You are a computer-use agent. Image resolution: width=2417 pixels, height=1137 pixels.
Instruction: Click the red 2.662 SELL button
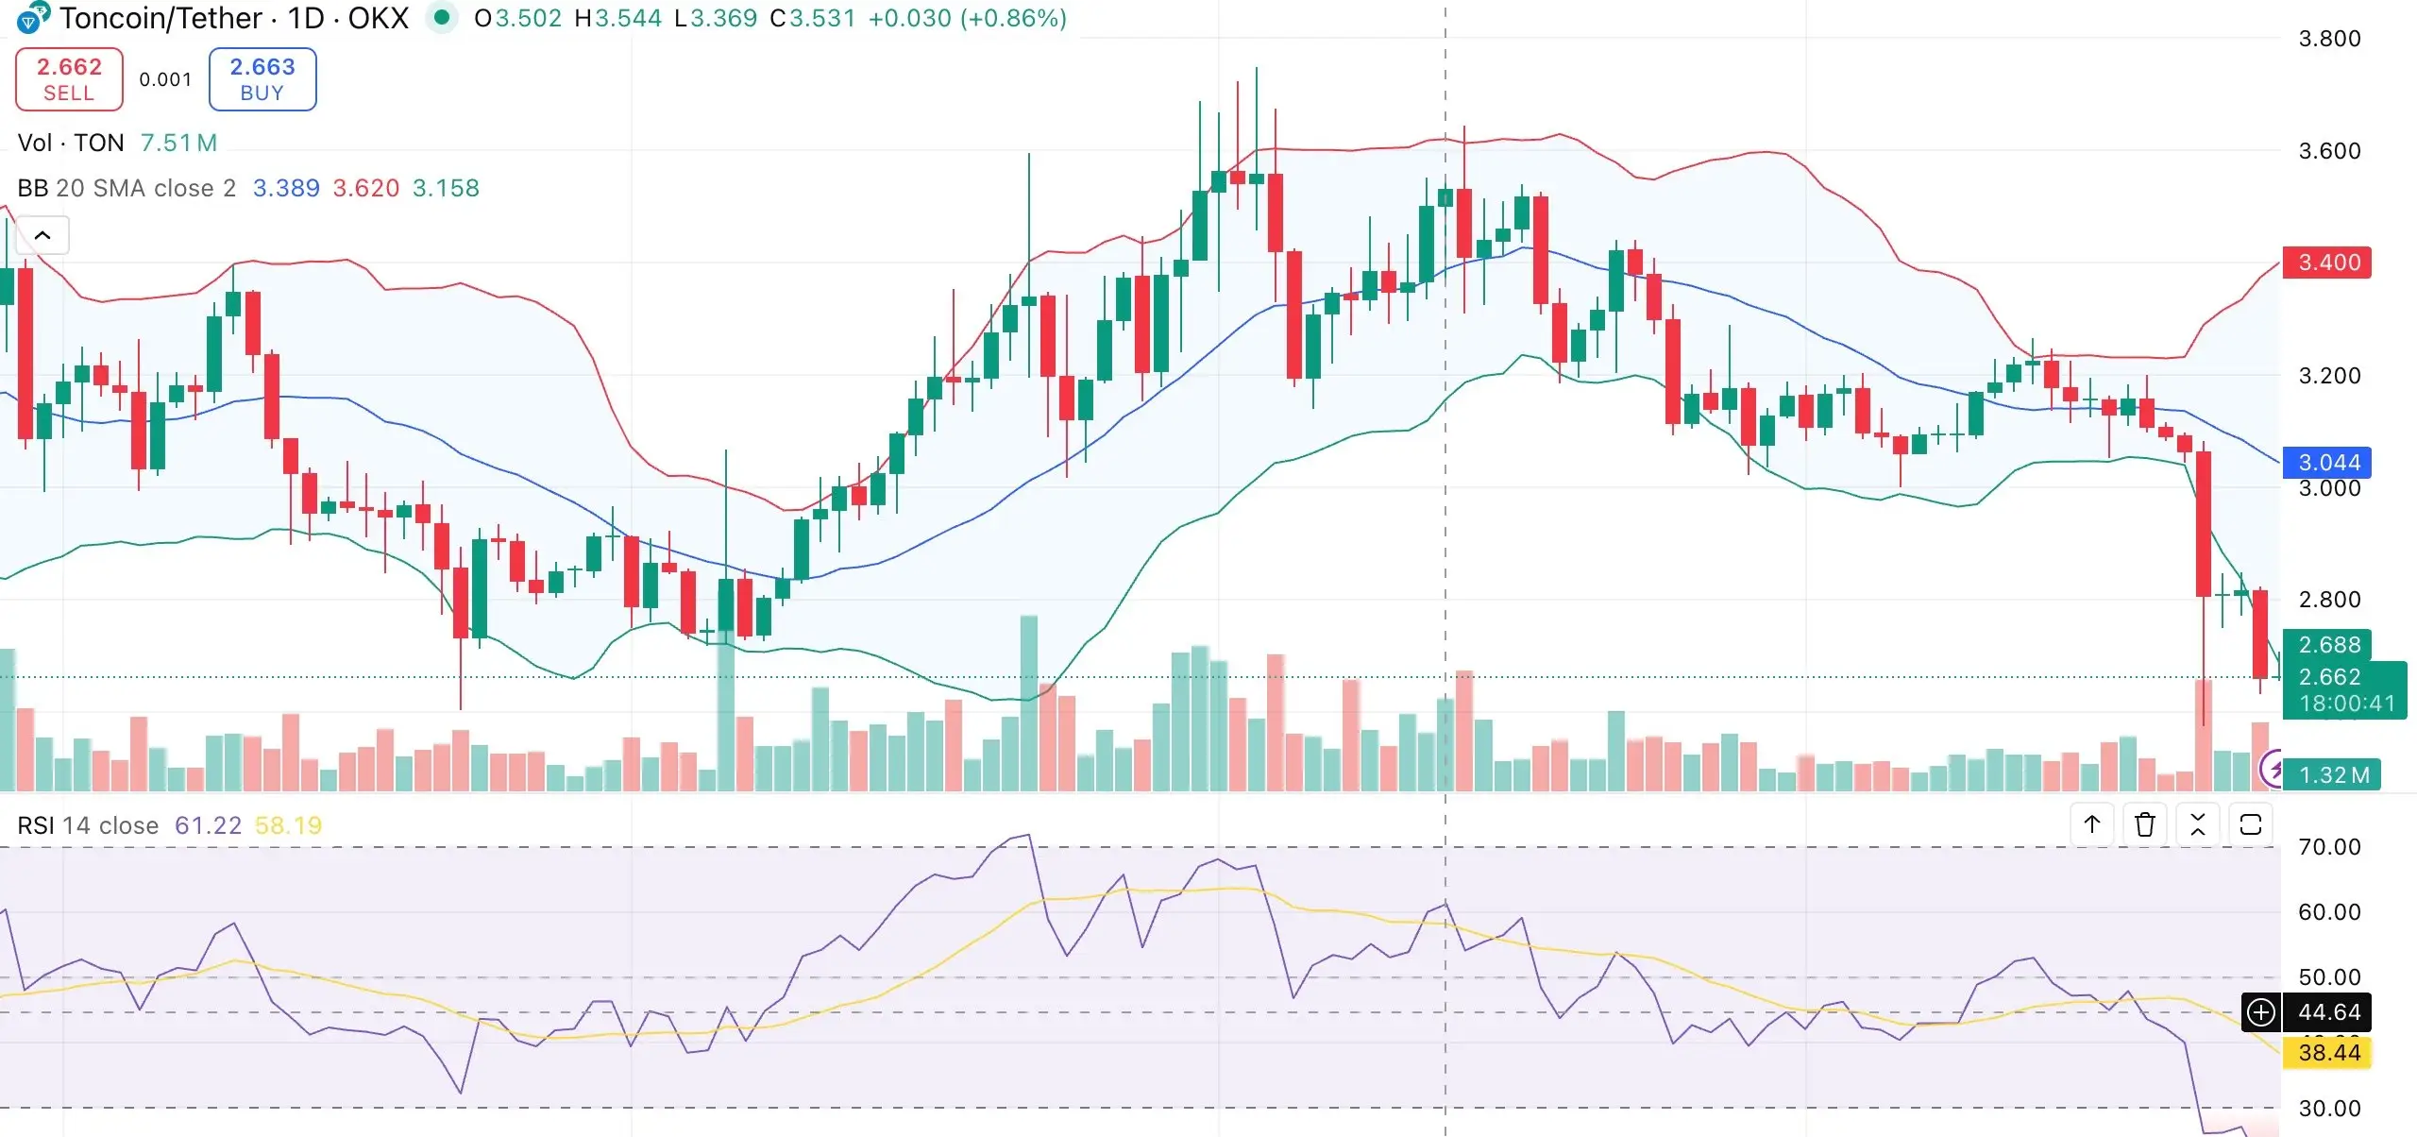click(69, 79)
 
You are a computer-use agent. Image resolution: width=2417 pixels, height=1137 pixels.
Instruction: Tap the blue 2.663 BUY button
click(262, 79)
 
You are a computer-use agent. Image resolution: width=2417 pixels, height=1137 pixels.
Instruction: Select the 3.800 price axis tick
click(2329, 39)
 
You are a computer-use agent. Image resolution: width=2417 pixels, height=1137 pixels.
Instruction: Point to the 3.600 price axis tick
click(2329, 151)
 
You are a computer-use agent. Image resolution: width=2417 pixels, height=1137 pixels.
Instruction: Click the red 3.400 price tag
click(2327, 263)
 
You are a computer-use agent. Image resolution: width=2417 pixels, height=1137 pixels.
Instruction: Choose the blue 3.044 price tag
click(2327, 463)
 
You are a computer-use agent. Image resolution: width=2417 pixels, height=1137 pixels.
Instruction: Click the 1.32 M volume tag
click(2333, 775)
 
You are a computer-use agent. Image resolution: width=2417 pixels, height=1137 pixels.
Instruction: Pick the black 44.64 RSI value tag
click(2327, 1012)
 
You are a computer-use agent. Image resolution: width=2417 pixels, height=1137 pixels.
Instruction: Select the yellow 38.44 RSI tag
click(2327, 1053)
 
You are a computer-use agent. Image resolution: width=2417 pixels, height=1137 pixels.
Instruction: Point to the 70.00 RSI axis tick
click(2329, 847)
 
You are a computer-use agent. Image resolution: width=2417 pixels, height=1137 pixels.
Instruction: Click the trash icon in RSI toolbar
click(2145, 825)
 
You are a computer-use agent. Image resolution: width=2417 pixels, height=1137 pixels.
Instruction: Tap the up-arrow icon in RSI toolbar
click(2092, 825)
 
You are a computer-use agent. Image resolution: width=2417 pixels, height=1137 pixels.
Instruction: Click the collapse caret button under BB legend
click(42, 235)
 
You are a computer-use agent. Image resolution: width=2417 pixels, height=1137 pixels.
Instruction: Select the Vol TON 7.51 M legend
click(117, 143)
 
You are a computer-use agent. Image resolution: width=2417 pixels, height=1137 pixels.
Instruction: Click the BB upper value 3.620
click(366, 189)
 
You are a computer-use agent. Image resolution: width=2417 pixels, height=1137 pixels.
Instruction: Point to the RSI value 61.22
click(209, 826)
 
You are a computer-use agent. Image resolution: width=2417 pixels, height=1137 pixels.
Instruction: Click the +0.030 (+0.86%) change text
click(967, 18)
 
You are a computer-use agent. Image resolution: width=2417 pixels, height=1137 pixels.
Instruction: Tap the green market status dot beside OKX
click(441, 17)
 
